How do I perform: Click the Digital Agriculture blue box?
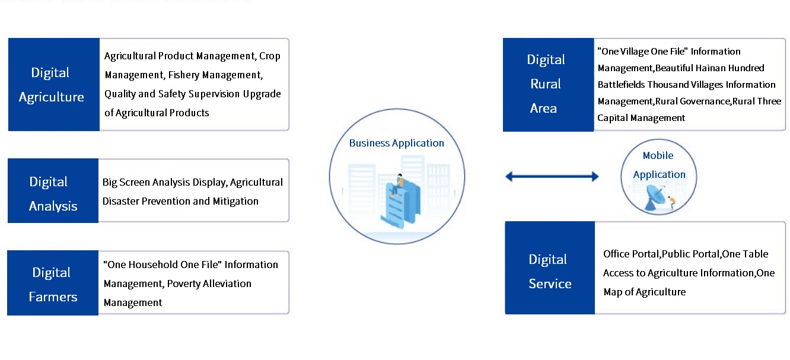(53, 84)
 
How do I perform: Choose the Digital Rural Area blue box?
(547, 84)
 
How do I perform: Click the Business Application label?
(396, 143)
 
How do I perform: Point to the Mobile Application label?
(659, 165)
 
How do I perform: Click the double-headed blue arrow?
(552, 176)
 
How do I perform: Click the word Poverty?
(186, 283)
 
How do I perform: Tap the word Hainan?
(702, 68)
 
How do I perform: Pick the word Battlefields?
(621, 84)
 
